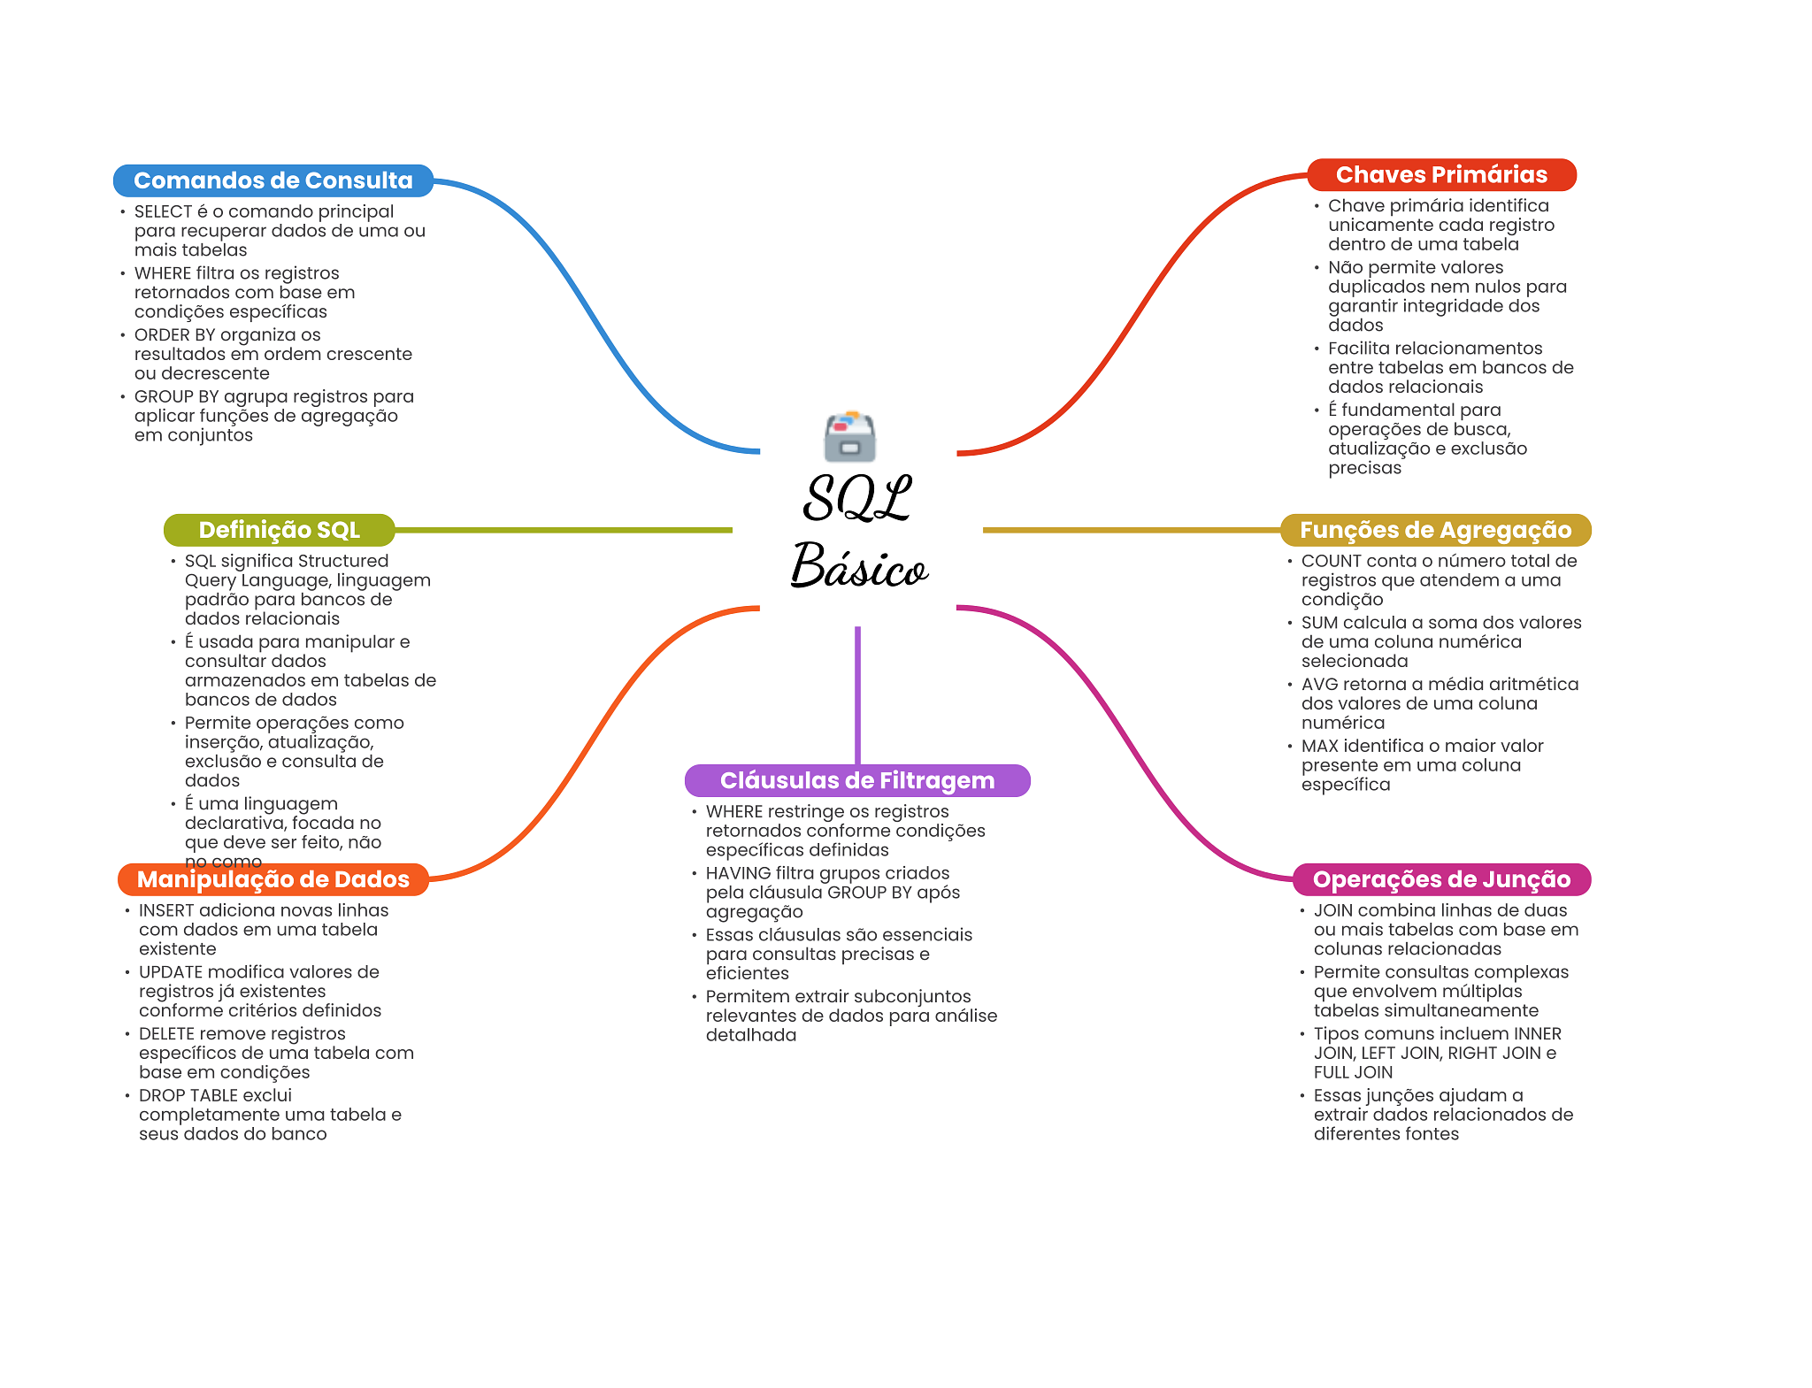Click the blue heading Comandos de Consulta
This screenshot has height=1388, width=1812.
(273, 180)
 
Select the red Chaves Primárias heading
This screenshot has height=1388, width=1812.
(1441, 174)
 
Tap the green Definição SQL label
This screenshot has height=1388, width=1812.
(279, 530)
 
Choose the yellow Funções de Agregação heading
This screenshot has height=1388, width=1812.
(1435, 530)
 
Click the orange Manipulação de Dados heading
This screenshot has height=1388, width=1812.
(273, 879)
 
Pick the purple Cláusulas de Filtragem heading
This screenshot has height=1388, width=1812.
(857, 780)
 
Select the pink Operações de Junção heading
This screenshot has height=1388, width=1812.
(1441, 879)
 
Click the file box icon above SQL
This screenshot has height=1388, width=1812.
(849, 436)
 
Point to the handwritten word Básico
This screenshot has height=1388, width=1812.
(859, 565)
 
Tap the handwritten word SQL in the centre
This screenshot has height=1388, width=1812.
(856, 497)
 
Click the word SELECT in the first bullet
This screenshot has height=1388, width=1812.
(163, 211)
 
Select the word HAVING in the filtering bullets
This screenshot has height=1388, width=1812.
(738, 873)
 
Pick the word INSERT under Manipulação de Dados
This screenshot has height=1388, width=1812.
(166, 910)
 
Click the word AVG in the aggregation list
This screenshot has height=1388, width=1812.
(1319, 685)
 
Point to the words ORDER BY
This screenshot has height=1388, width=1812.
(174, 335)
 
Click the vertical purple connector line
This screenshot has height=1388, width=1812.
(857, 695)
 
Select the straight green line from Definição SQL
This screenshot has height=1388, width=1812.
(564, 530)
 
